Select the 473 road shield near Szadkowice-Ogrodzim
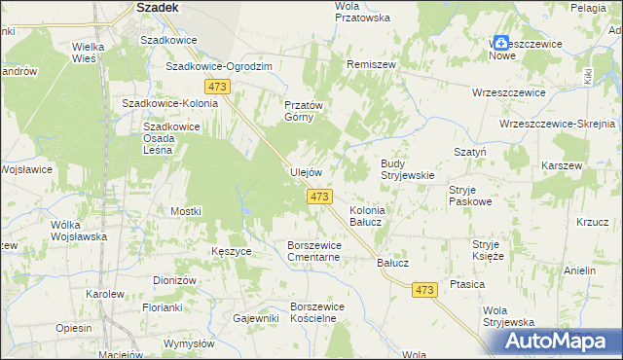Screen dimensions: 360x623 click(x=217, y=88)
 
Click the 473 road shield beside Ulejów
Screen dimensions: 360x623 click(x=318, y=197)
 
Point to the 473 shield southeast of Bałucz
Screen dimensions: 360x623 click(x=423, y=289)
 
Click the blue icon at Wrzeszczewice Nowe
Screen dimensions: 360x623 click(x=500, y=43)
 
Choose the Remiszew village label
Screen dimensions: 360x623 click(x=370, y=63)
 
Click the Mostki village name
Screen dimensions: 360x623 click(x=186, y=211)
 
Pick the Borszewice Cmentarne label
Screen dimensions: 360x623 click(x=313, y=251)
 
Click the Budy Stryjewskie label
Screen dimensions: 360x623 click(x=406, y=169)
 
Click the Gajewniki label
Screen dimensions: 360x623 click(x=256, y=318)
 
